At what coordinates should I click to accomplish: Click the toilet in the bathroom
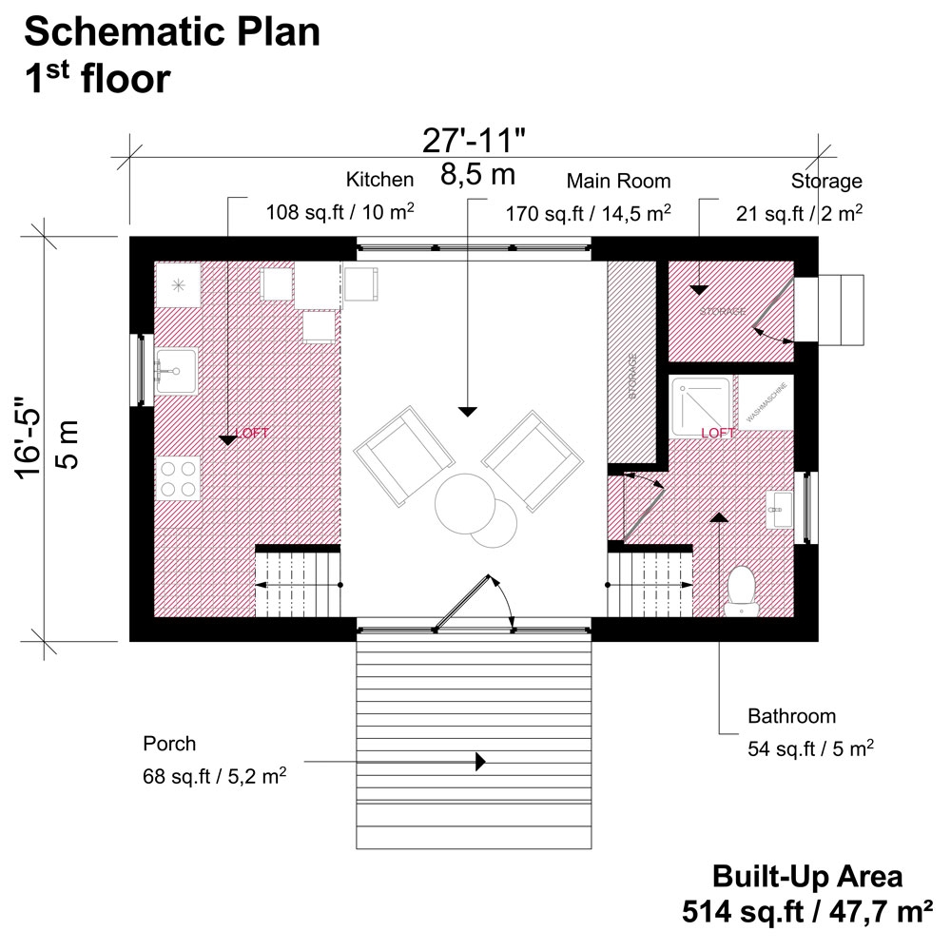(x=741, y=589)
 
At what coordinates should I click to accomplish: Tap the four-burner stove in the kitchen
(x=178, y=478)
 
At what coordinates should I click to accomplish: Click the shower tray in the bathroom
(x=703, y=404)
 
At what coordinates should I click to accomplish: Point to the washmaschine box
(x=767, y=403)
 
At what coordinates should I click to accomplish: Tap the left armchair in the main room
(x=402, y=454)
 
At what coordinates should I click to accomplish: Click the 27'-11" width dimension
(x=474, y=141)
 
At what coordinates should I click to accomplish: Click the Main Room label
(x=618, y=181)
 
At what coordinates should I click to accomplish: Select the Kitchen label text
(x=379, y=179)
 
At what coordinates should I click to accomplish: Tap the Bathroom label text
(x=791, y=716)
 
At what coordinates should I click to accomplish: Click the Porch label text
(x=169, y=743)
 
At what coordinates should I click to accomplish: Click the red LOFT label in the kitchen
(x=254, y=433)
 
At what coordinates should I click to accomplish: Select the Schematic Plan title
(x=172, y=31)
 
